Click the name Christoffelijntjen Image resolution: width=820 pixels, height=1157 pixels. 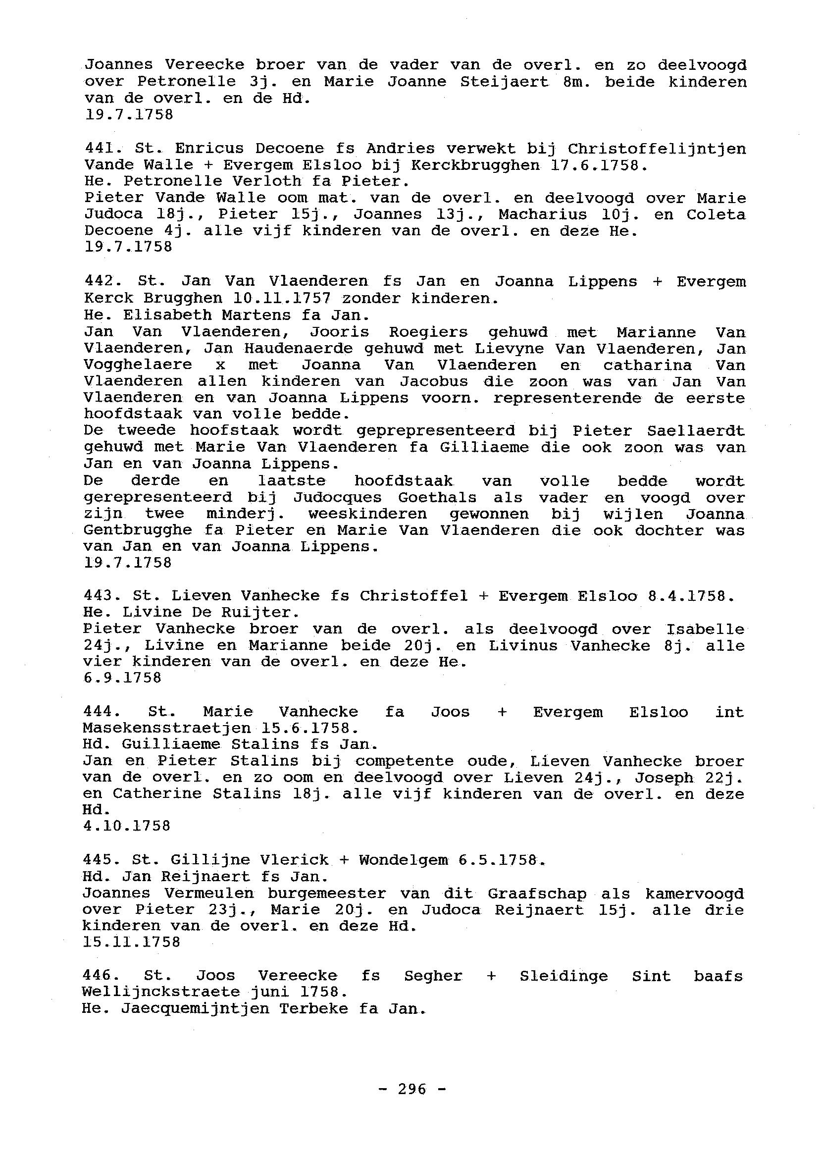(657, 149)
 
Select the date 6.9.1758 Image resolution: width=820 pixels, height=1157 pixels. (122, 678)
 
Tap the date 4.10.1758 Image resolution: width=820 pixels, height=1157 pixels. (127, 826)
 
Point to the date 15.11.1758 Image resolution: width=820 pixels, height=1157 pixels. (131, 942)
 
